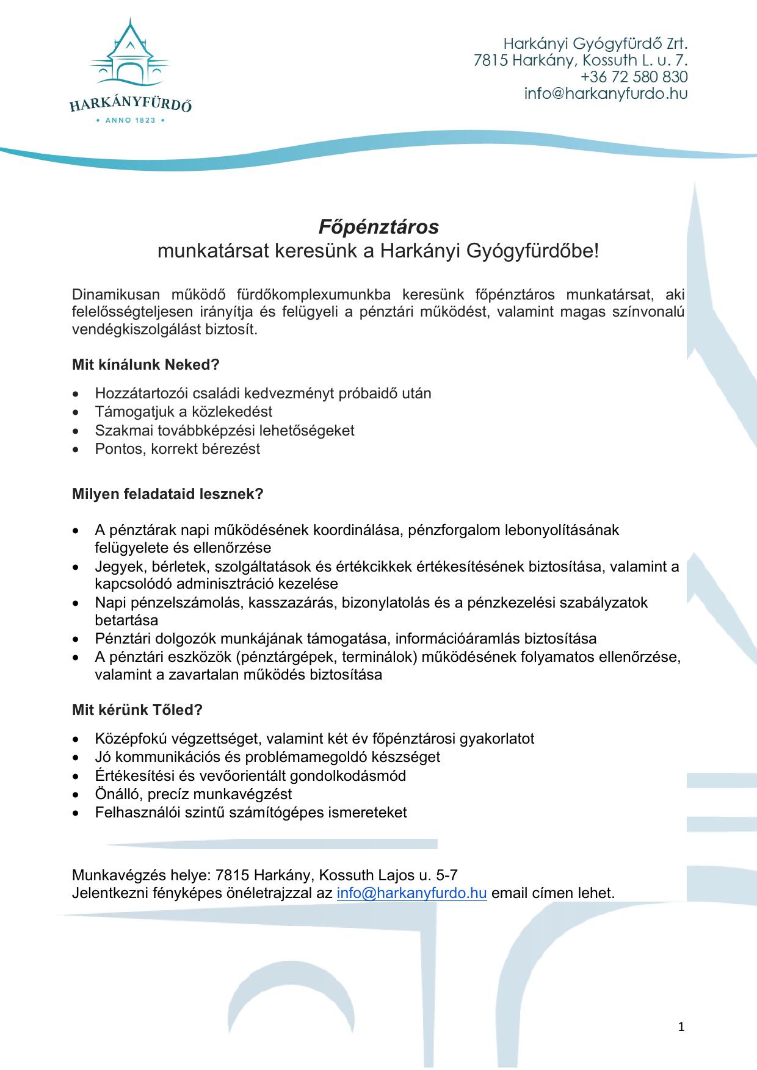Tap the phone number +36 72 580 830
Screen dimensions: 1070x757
pyautogui.click(x=634, y=77)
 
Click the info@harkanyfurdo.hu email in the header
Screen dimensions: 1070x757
pyautogui.click(x=606, y=94)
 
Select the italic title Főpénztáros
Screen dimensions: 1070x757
pyautogui.click(x=378, y=227)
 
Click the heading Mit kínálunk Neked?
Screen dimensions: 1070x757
pyautogui.click(x=145, y=365)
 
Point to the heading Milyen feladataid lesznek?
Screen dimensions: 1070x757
pyautogui.click(x=167, y=494)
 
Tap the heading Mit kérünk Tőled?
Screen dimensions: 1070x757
pyautogui.click(x=137, y=710)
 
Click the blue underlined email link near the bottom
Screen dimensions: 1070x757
pyautogui.click(x=411, y=893)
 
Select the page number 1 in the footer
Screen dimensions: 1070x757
pyautogui.click(x=681, y=1027)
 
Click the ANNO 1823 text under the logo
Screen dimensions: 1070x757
pyautogui.click(x=131, y=121)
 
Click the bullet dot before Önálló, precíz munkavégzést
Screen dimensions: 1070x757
pyautogui.click(x=76, y=795)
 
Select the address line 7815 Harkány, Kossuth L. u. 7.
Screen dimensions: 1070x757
pyautogui.click(x=581, y=60)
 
